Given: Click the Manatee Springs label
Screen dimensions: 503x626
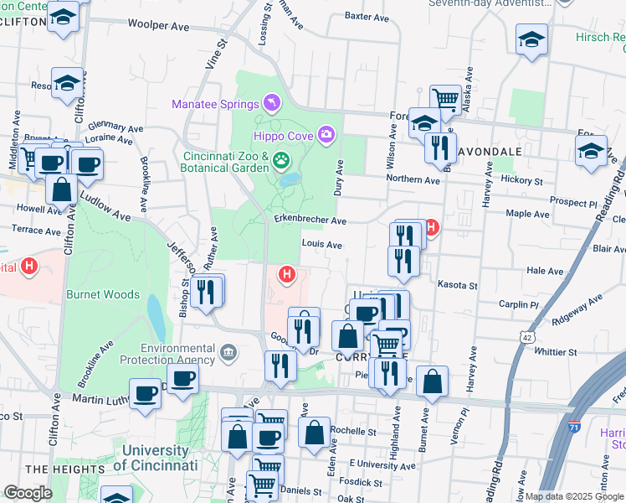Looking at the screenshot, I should [215, 104].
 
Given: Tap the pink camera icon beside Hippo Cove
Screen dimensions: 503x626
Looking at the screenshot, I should [326, 134].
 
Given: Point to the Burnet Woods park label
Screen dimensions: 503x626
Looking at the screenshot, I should [109, 294].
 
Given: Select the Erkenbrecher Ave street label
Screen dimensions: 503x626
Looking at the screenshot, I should [310, 220].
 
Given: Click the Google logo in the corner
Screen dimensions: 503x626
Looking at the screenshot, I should [28, 493].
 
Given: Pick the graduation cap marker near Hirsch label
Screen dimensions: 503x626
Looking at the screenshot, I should [531, 39].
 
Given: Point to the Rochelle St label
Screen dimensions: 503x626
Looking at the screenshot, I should [352, 432].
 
